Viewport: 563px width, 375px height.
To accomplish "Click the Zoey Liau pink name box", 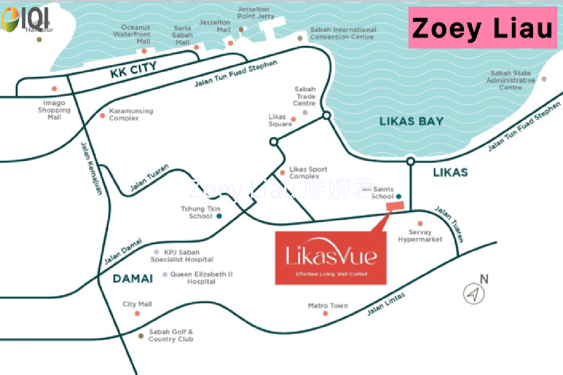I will [482, 28].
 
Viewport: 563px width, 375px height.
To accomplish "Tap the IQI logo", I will [25, 20].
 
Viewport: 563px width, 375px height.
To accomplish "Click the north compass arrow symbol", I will [473, 294].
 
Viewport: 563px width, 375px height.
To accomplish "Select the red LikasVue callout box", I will [331, 258].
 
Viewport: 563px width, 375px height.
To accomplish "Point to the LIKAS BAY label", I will [411, 122].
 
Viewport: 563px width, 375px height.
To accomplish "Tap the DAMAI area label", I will [133, 279].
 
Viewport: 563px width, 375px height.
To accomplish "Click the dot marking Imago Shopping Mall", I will [54, 89].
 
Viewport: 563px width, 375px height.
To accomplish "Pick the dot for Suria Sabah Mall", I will [196, 47].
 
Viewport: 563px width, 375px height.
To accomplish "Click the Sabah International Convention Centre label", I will [343, 33].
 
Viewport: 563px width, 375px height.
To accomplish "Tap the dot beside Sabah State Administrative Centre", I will [544, 79].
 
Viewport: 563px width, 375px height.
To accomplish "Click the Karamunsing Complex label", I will [131, 115].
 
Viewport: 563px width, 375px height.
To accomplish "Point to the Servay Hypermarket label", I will [420, 236].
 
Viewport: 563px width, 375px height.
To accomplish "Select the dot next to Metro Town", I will [325, 313].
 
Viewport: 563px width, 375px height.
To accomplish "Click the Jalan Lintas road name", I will [386, 304].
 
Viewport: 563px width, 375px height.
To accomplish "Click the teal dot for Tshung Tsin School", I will [219, 216].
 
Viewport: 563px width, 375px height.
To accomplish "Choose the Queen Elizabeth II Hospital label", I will [201, 278].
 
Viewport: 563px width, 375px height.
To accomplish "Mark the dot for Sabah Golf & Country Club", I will [141, 336].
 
